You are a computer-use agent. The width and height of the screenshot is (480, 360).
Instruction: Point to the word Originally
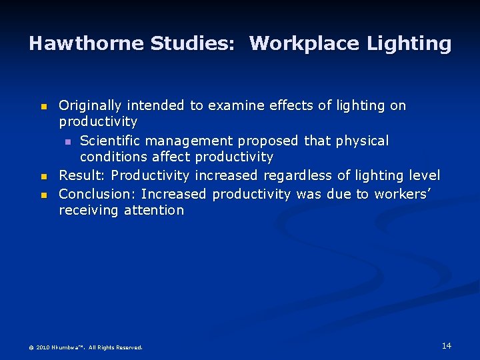coord(91,105)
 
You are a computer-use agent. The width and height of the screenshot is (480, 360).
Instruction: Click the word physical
coord(362,141)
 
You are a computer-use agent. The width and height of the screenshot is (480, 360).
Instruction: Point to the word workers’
coord(400,194)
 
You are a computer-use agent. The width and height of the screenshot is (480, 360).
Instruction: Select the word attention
coord(155,211)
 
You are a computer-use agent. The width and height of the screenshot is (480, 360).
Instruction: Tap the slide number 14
coord(446,345)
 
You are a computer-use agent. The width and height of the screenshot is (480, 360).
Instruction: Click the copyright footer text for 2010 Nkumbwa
coord(85,347)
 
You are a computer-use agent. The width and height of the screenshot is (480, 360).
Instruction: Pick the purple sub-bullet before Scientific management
coord(67,142)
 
